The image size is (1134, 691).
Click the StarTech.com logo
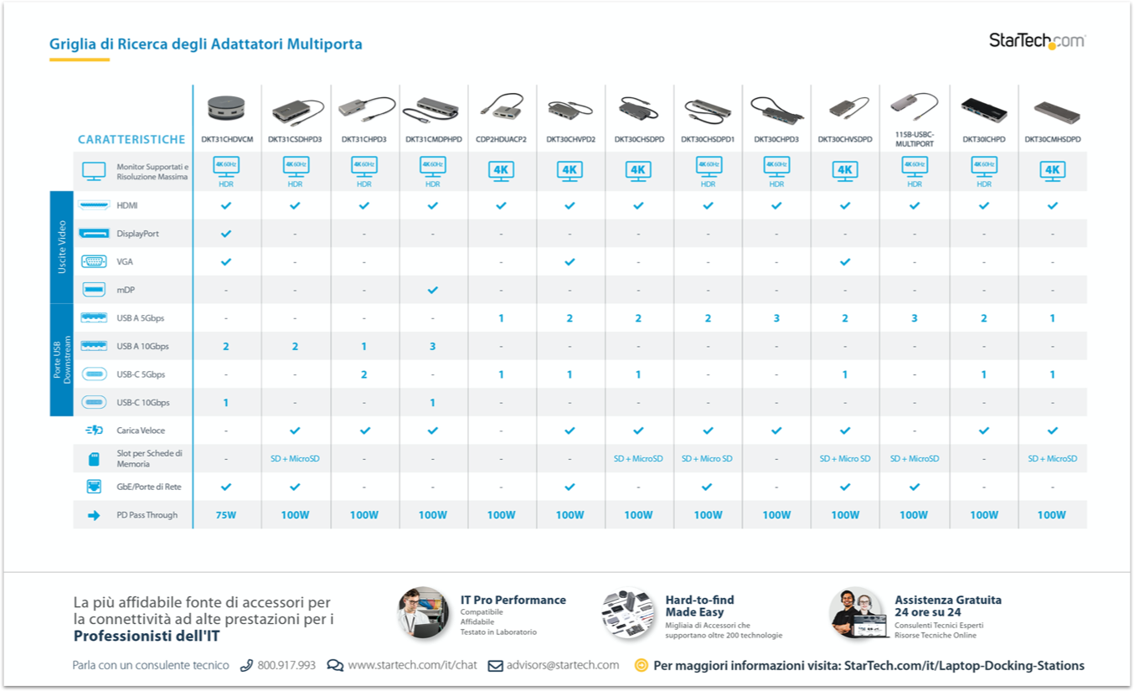click(x=1037, y=40)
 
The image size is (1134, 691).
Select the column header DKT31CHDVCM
click(x=226, y=140)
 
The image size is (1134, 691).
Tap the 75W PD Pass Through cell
click(x=226, y=515)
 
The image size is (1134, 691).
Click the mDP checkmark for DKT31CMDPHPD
click(x=432, y=290)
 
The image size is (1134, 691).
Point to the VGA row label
click(x=125, y=262)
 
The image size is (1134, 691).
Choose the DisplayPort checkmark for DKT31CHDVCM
click(x=226, y=234)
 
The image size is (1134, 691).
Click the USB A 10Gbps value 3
click(x=432, y=346)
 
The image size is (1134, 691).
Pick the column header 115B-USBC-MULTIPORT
click(x=914, y=139)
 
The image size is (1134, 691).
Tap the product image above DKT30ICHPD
click(x=983, y=109)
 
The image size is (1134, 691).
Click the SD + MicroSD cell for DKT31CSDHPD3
click(x=295, y=459)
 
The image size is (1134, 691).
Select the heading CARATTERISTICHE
click(x=131, y=140)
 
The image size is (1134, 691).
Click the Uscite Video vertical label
click(x=62, y=247)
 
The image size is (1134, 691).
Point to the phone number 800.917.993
click(x=286, y=665)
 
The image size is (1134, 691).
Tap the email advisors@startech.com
click(x=562, y=665)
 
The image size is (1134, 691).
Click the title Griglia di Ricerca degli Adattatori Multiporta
click(x=206, y=44)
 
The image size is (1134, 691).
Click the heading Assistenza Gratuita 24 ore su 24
click(x=947, y=606)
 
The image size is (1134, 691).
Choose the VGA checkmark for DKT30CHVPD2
click(x=570, y=262)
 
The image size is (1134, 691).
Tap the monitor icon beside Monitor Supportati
click(x=94, y=172)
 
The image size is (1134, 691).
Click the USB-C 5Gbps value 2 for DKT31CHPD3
click(x=363, y=374)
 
